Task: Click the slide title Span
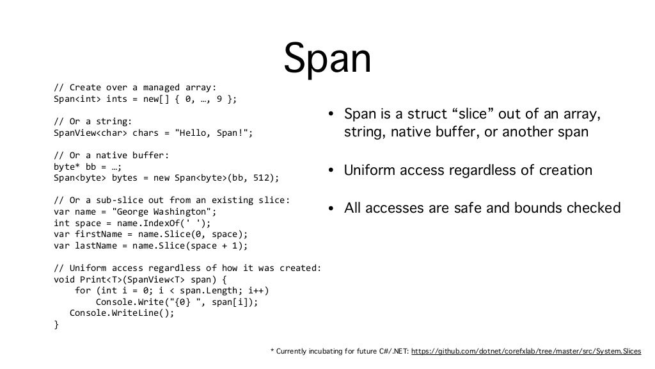coord(327,59)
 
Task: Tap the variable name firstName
coord(97,234)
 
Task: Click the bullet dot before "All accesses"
coord(331,209)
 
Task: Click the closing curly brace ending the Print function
coord(56,324)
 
